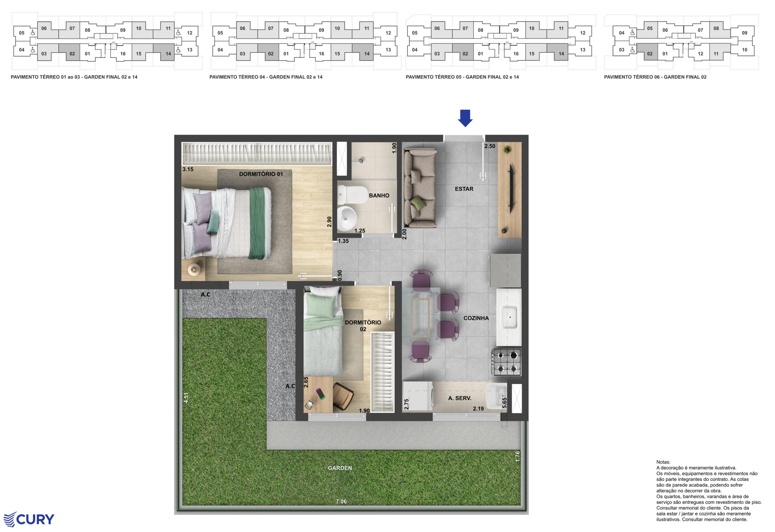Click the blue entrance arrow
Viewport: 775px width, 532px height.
point(465,118)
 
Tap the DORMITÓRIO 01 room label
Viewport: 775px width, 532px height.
point(261,174)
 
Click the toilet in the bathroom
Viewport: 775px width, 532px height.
point(352,195)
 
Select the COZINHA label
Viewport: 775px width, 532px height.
point(476,318)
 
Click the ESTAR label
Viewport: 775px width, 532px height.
point(464,189)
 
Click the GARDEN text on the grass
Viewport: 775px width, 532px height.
point(339,468)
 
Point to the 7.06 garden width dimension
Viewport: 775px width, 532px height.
point(341,501)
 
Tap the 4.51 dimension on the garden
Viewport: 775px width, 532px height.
point(186,397)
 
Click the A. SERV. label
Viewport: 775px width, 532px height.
point(460,398)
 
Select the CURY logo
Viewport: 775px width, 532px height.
point(29,519)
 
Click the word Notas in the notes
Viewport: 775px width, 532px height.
point(663,462)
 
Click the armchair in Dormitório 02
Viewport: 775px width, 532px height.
point(343,396)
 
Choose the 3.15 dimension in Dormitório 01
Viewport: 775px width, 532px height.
point(188,169)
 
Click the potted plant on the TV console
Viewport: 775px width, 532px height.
point(507,150)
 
